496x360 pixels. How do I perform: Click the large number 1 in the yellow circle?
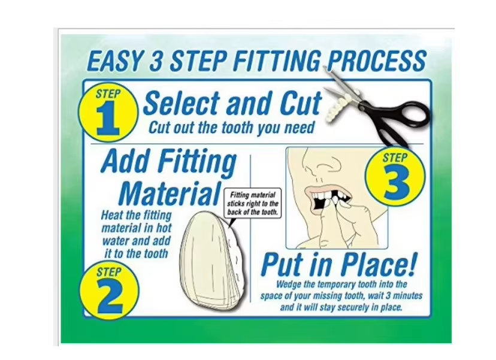(x=108, y=119)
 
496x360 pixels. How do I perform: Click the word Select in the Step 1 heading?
(x=182, y=103)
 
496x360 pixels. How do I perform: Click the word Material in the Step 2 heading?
(x=170, y=193)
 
